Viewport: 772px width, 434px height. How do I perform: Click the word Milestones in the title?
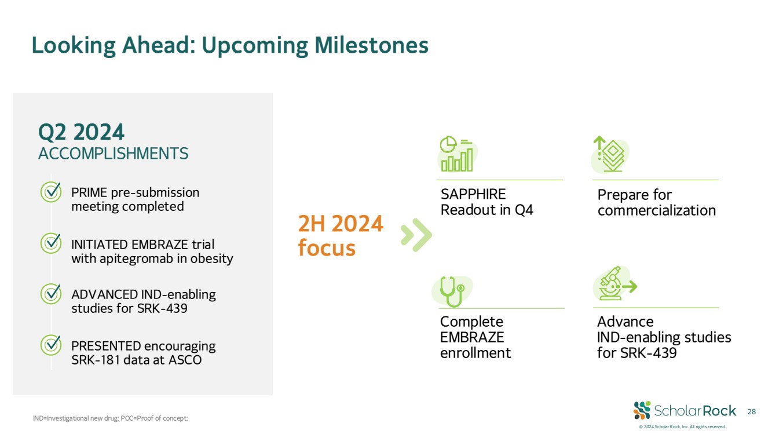click(x=371, y=45)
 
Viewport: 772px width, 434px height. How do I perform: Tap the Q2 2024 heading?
click(x=81, y=132)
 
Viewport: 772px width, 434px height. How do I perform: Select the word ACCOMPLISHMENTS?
click(x=113, y=154)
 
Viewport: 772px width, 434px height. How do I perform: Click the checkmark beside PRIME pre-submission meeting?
click(x=51, y=192)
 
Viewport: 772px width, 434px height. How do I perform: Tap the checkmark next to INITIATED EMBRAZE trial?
click(x=51, y=243)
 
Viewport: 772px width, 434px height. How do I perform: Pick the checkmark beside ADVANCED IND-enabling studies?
click(x=51, y=294)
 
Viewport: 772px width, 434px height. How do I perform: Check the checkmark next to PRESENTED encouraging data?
click(x=51, y=345)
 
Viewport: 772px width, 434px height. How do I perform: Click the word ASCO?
click(x=185, y=360)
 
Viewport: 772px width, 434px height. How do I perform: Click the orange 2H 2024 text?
click(x=341, y=224)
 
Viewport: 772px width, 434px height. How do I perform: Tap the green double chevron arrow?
click(x=416, y=235)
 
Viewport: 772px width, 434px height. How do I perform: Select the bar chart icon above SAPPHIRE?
click(x=457, y=154)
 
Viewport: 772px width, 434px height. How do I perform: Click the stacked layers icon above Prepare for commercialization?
click(x=610, y=154)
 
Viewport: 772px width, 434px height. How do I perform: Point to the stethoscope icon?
click(x=452, y=291)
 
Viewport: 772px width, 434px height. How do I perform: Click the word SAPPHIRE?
click(x=473, y=195)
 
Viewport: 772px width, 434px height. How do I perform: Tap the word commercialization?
click(x=657, y=210)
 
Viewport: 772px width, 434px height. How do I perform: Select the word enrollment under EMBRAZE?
click(x=475, y=353)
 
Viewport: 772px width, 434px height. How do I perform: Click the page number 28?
click(x=751, y=411)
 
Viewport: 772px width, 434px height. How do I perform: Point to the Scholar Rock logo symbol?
click(x=642, y=410)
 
